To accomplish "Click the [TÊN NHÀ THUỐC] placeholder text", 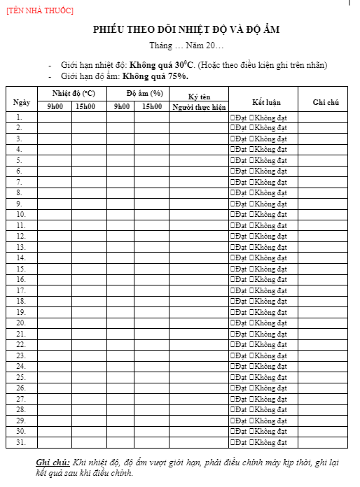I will tap(40, 10).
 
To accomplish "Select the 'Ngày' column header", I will tap(22, 101).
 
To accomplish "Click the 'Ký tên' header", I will tap(199, 97).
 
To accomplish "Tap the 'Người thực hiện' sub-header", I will tap(199, 107).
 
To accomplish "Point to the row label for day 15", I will tap(21, 269).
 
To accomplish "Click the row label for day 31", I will tap(21, 442).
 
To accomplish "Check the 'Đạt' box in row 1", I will tap(233, 118).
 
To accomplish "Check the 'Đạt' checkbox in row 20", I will tap(233, 323).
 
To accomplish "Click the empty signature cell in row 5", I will tap(199, 160).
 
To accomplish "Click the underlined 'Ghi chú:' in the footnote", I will tap(53, 463).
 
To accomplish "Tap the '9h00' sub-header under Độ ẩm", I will tap(120, 107).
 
